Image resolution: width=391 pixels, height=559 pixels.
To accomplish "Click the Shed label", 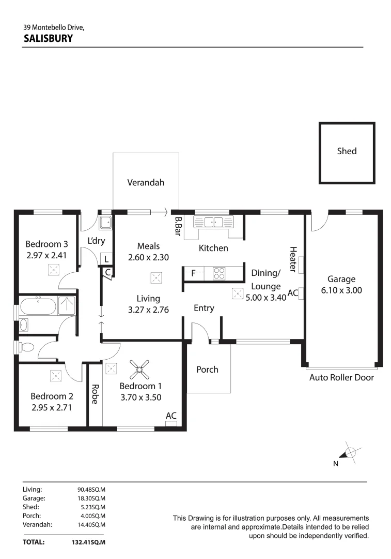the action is pyautogui.click(x=347, y=151).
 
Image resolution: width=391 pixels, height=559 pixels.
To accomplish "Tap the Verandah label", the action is pyautogui.click(x=146, y=182).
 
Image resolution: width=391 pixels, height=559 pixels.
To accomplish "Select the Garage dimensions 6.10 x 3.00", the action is pyautogui.click(x=341, y=290).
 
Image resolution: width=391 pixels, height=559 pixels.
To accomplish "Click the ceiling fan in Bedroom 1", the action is pyautogui.click(x=140, y=369).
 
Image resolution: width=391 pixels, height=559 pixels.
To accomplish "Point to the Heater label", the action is pyautogui.click(x=293, y=259).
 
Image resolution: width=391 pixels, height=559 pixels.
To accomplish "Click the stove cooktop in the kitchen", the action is pyautogui.click(x=218, y=273).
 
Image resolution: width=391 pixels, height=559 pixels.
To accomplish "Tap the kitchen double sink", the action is pyautogui.click(x=213, y=222).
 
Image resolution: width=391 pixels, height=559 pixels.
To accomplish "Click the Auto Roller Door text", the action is pyautogui.click(x=341, y=377).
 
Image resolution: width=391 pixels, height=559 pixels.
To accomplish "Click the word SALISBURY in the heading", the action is pyautogui.click(x=48, y=38).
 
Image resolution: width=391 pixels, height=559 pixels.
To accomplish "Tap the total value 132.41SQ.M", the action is pyautogui.click(x=88, y=542).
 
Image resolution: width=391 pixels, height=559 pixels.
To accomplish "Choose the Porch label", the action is pyautogui.click(x=207, y=370).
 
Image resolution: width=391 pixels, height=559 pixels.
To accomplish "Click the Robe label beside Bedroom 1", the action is pyautogui.click(x=95, y=394).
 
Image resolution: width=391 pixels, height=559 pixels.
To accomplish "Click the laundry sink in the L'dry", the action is pyautogui.click(x=105, y=223).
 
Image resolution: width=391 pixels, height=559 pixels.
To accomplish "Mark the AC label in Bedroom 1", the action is pyautogui.click(x=171, y=416).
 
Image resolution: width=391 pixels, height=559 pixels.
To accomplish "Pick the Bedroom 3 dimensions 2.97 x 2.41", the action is pyautogui.click(x=47, y=255).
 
